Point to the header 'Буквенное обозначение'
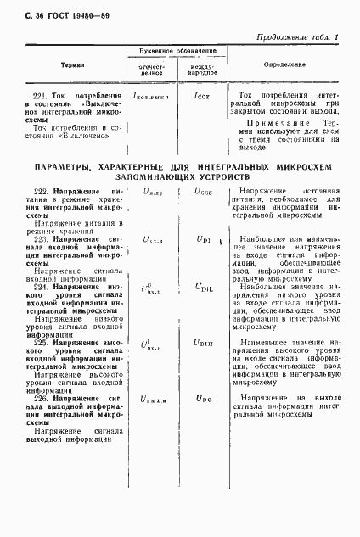pyautogui.click(x=177, y=52)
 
